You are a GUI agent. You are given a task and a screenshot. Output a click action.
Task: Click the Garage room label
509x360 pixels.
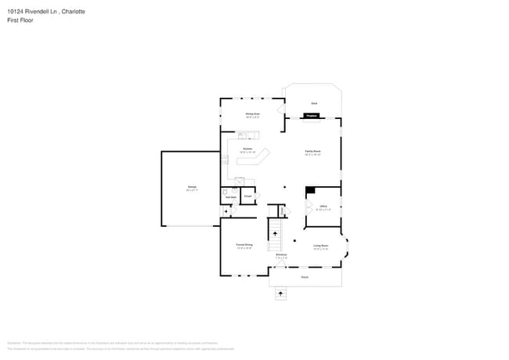coord(191,187)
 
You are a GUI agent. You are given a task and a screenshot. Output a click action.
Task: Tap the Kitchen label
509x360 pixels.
coord(247,148)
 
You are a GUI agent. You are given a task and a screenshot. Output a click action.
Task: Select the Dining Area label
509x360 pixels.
coord(252,113)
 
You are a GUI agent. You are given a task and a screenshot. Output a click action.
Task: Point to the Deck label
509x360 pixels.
coord(313,103)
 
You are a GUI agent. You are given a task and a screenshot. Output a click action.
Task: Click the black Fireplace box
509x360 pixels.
coord(312,116)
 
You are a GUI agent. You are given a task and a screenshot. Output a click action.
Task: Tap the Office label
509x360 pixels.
coord(323,206)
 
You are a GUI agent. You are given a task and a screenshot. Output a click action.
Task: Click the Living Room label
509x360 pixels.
coord(320,246)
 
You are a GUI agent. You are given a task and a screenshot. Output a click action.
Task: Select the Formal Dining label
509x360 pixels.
coord(244,246)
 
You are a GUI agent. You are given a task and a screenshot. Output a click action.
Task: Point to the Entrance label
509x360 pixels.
coord(280,255)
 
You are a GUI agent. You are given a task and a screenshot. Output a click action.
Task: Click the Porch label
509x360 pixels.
coord(305,277)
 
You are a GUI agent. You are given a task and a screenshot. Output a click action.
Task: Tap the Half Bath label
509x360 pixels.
coord(231,196)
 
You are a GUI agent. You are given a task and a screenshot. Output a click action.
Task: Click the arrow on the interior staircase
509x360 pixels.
coord(275,233)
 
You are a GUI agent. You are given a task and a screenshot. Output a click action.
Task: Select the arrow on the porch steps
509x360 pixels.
coord(280,293)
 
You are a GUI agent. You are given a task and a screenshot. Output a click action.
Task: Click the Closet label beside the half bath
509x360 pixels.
coord(247,196)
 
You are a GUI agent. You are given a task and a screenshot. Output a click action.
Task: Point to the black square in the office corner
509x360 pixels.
coord(310,189)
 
